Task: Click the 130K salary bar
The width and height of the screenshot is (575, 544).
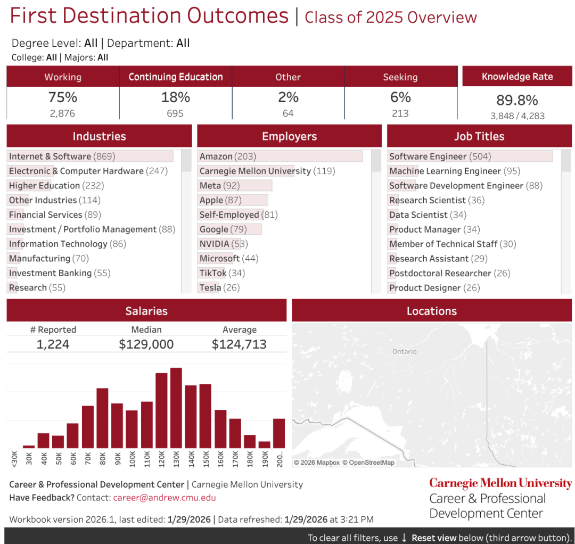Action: click(x=176, y=408)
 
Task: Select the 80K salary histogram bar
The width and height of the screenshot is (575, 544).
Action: click(x=102, y=418)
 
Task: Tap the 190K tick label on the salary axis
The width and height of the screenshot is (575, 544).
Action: click(x=265, y=459)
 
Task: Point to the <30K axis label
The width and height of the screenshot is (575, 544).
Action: click(x=14, y=459)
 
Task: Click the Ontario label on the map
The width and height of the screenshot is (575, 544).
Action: click(x=405, y=351)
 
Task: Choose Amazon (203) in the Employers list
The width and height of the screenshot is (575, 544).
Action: click(x=228, y=156)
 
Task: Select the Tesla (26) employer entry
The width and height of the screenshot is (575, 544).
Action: click(x=220, y=287)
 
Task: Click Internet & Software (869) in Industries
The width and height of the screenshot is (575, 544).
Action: click(x=62, y=156)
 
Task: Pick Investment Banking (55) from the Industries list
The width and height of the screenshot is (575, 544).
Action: click(x=60, y=273)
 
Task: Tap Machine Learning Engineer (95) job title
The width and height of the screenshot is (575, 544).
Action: click(x=455, y=171)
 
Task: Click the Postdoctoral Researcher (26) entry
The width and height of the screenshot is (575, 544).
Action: click(x=450, y=273)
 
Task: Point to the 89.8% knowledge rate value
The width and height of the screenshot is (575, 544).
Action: click(x=517, y=100)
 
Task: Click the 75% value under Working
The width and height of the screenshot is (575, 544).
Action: click(x=63, y=97)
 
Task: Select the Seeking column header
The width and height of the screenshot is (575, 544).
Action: click(x=400, y=77)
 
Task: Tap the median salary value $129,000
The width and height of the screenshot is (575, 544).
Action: click(x=146, y=344)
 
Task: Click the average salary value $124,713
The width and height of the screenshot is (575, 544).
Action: click(x=239, y=344)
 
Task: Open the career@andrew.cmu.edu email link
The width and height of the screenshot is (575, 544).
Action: click(x=165, y=498)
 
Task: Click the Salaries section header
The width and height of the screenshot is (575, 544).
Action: click(x=147, y=311)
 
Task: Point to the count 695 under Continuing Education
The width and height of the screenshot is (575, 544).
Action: click(x=175, y=113)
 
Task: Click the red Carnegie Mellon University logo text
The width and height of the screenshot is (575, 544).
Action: click(x=500, y=483)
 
